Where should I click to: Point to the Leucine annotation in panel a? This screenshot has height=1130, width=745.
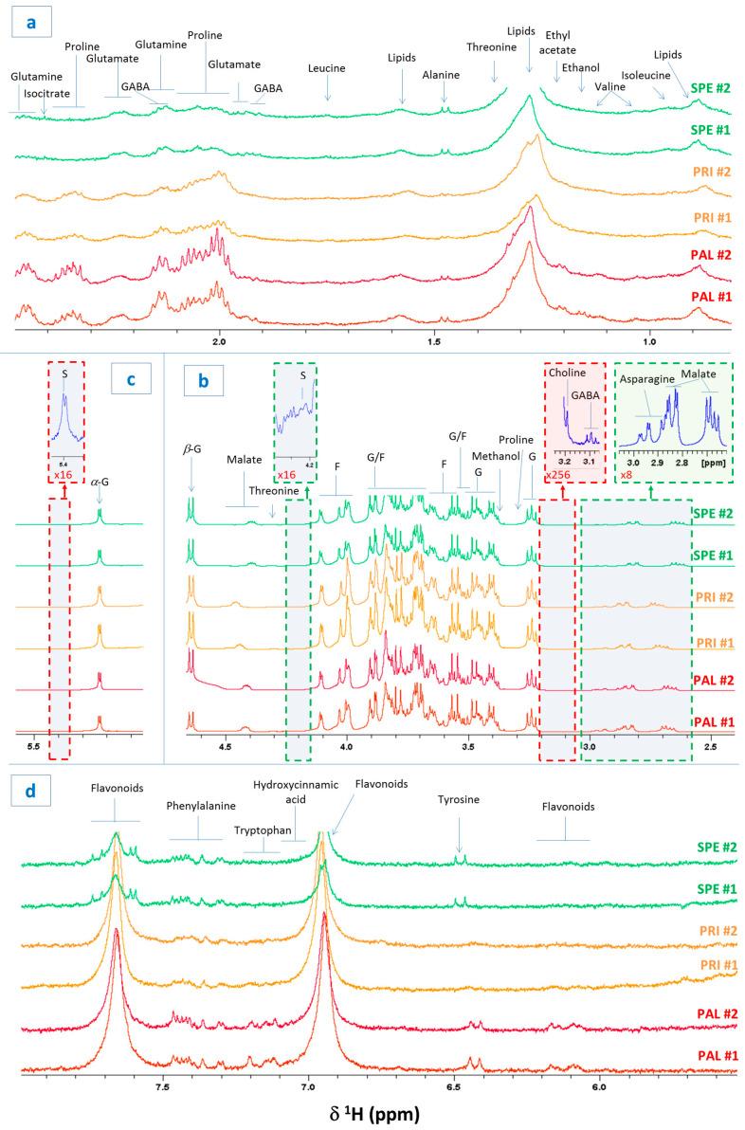point(327,68)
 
